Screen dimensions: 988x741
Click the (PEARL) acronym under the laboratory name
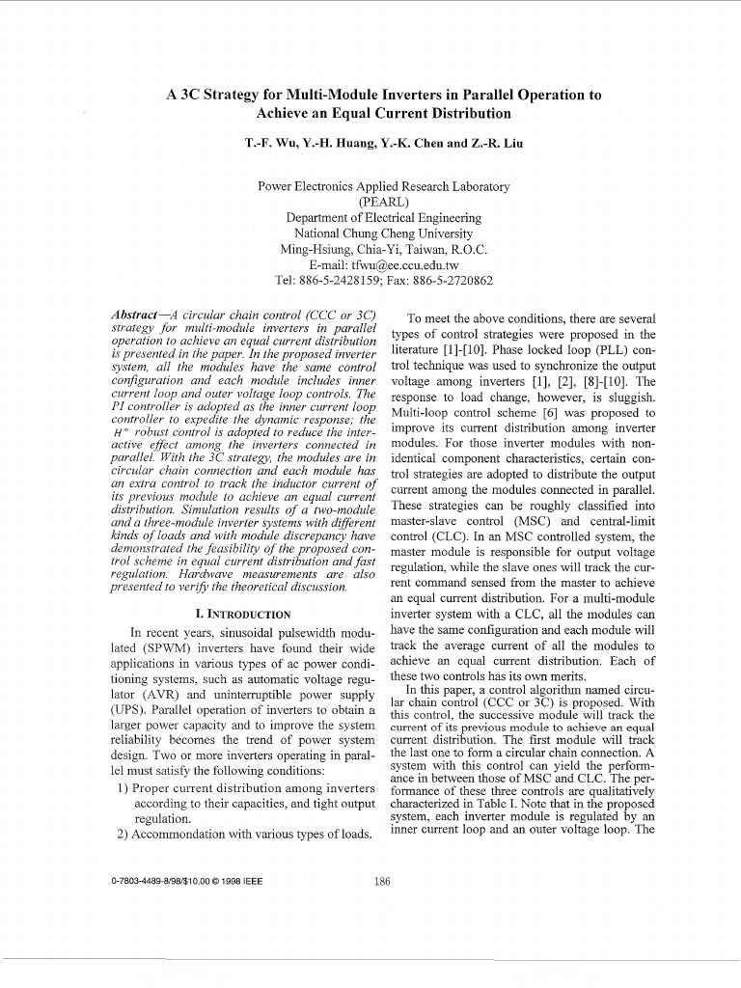[383, 203]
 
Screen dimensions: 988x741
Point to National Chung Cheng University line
[383, 233]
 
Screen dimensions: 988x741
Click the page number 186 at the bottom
[381, 880]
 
